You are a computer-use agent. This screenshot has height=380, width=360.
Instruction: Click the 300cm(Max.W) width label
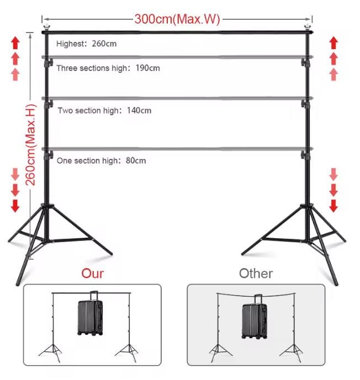(177, 19)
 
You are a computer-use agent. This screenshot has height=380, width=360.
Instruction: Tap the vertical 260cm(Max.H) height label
(31, 145)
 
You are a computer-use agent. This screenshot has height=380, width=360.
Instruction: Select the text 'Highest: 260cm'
(86, 44)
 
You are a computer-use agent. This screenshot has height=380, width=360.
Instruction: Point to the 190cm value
(147, 68)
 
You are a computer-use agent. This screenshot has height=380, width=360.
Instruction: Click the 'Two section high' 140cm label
(104, 110)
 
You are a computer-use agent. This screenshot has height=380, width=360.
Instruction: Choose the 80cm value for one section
(136, 160)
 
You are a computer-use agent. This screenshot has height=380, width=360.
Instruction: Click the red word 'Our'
(92, 274)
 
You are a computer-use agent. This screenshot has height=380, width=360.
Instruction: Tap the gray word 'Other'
(256, 274)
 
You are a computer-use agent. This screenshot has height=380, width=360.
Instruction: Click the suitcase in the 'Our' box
(91, 314)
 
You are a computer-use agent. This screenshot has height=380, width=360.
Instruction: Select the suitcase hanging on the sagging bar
(255, 317)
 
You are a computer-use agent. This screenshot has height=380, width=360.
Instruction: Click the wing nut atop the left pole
(46, 26)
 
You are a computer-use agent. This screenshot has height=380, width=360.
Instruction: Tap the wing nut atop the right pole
(308, 26)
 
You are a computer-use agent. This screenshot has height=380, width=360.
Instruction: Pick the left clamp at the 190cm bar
(48, 63)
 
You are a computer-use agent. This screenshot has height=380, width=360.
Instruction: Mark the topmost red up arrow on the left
(15, 43)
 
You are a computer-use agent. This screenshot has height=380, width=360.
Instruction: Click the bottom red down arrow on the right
(333, 206)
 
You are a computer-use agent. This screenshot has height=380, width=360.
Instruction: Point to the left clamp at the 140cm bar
(48, 104)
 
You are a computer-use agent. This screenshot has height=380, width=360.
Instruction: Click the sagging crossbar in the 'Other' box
(256, 296)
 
